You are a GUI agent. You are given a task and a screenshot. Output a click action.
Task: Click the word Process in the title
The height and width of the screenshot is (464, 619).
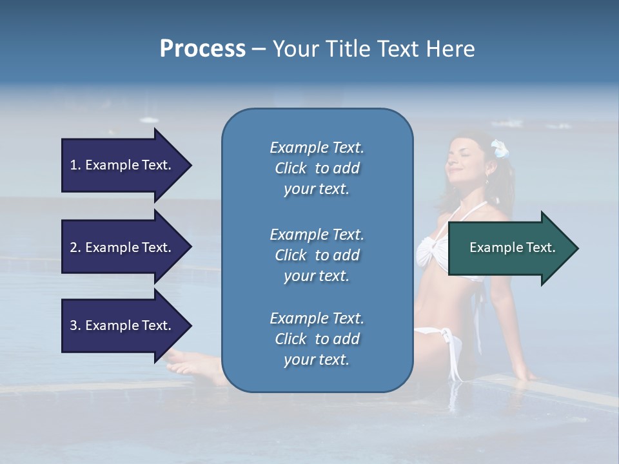202,49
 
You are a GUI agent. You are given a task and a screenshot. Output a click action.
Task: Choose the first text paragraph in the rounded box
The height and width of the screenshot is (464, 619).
317,168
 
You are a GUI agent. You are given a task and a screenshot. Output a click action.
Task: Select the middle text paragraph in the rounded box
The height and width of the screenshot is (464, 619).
317,255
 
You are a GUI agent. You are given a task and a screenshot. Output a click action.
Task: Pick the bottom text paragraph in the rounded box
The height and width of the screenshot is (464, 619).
317,339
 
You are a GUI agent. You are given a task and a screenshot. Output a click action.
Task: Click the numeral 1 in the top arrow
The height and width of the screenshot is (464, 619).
73,165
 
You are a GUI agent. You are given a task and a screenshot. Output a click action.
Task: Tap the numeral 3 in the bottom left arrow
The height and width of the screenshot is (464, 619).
74,325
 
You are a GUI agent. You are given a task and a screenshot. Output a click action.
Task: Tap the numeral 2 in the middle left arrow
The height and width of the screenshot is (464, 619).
74,247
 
